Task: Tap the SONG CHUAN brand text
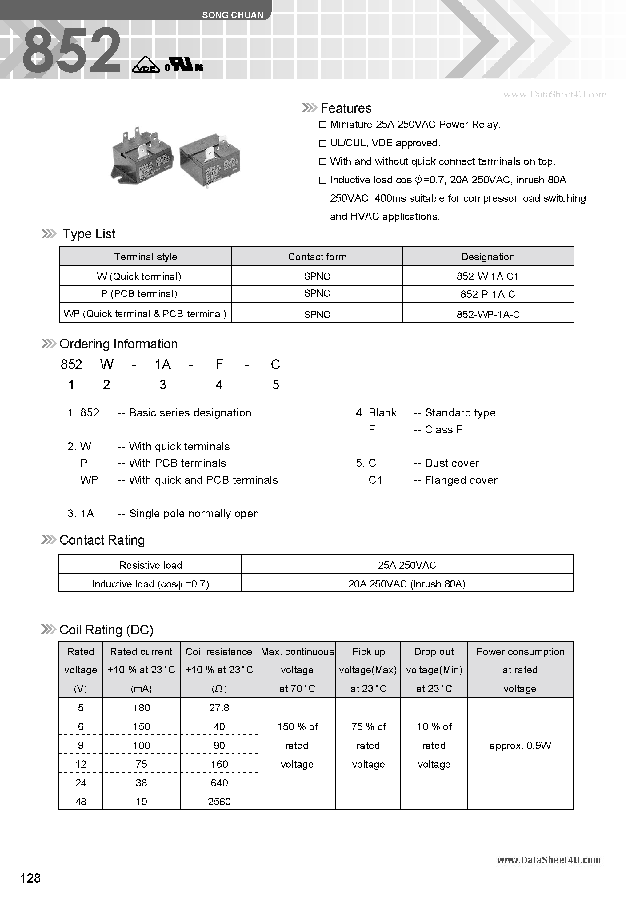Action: pyautogui.click(x=233, y=15)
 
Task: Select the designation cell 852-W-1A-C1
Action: pyautogui.click(x=488, y=276)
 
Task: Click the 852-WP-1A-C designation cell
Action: pyautogui.click(x=488, y=314)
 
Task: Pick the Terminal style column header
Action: pyautogui.click(x=146, y=257)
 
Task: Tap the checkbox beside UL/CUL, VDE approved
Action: pyautogui.click(x=323, y=143)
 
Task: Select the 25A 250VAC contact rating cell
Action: pyautogui.click(x=407, y=565)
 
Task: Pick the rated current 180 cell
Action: pyautogui.click(x=141, y=708)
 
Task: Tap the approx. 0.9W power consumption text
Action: pyautogui.click(x=520, y=746)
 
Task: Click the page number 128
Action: pyautogui.click(x=30, y=878)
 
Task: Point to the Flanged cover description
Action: pyautogui.click(x=461, y=480)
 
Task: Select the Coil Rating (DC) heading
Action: pyautogui.click(x=106, y=630)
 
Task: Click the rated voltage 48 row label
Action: pyautogui.click(x=81, y=802)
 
